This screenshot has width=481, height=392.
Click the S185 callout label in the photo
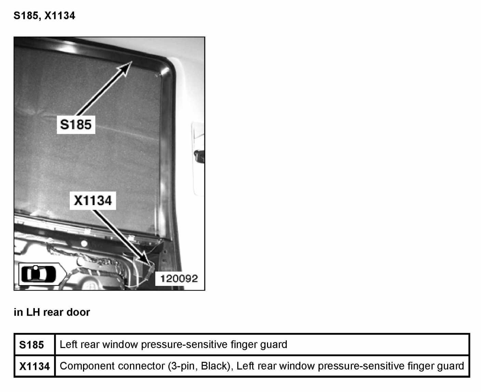[x=76, y=124]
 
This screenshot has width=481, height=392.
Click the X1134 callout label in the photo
[x=93, y=200]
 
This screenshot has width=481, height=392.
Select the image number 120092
[x=179, y=279]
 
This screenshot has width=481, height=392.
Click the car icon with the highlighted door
[x=38, y=274]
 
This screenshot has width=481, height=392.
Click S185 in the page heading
[x=27, y=16]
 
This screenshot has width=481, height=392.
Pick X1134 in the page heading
[x=60, y=16]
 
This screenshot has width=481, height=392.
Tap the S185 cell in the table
[x=31, y=345]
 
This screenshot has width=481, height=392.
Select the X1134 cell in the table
[x=35, y=366]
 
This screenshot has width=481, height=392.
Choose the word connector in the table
[x=139, y=366]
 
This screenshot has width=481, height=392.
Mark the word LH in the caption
[x=32, y=312]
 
